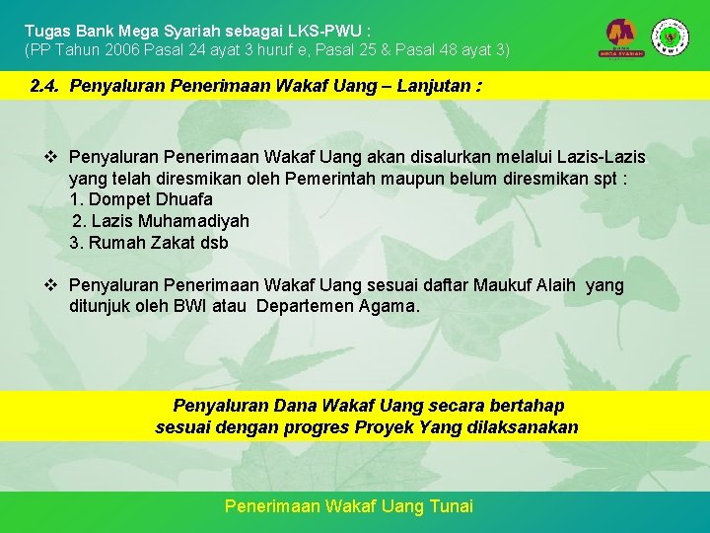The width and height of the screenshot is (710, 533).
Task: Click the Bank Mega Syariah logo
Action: [x=622, y=38]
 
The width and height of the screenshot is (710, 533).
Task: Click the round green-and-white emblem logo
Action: [x=671, y=37]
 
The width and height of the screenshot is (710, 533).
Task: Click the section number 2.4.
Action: [x=46, y=86]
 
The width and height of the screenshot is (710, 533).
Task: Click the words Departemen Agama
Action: [x=337, y=307]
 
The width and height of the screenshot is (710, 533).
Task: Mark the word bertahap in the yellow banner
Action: [x=531, y=406]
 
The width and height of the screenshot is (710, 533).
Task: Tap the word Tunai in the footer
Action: [x=453, y=506]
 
